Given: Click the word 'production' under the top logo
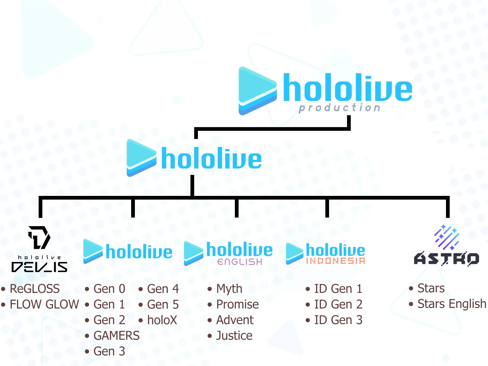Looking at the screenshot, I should pos(340,108).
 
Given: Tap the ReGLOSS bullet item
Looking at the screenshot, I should pos(35,289).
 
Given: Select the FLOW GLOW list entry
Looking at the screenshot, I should pos(44,304).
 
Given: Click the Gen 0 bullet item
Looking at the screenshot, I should pos(109,289).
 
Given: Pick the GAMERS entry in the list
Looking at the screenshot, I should pos(116,335).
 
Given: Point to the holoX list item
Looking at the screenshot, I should pos(162,320).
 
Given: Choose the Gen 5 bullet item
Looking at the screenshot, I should pos(163,304).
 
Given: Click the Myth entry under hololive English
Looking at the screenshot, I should pos(229,289).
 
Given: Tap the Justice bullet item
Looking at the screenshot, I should pos(234,335).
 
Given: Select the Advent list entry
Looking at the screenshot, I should pos(235,320).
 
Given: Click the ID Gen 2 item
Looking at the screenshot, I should pos(338,304).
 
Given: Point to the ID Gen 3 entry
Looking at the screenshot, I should pos(338,320).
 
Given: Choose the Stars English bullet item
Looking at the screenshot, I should pos(451,304).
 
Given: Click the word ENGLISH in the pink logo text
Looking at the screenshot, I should pos(240,262).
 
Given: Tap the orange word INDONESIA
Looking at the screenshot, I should pos(335,261).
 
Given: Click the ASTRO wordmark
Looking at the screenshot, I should pos(447,259).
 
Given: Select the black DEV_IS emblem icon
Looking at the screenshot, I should pos(39,237).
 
